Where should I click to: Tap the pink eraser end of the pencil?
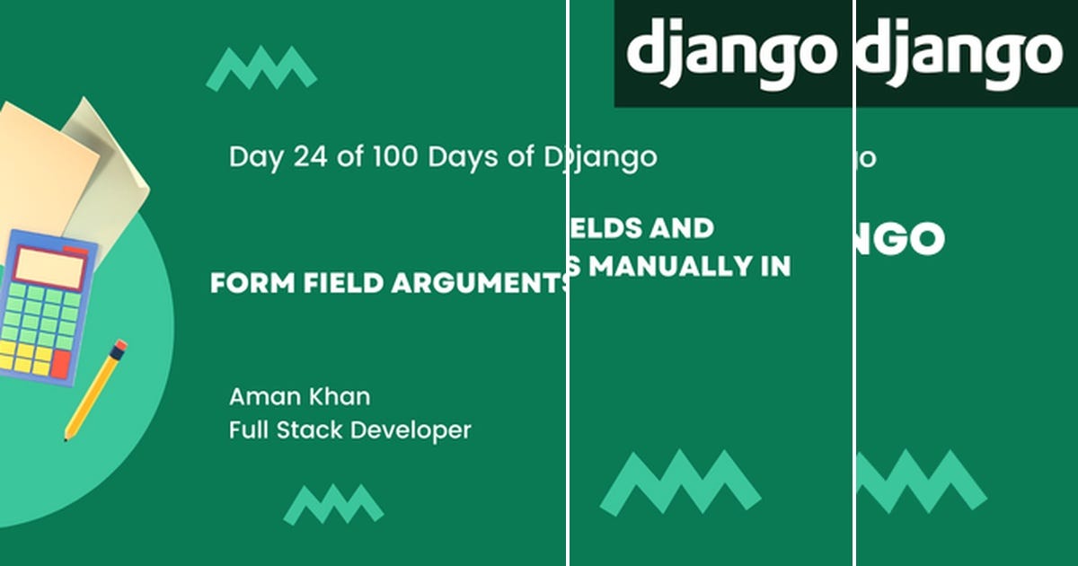click(120, 345)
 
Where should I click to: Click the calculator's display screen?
click(49, 268)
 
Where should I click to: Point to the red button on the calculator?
click(61, 364)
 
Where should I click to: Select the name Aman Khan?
click(299, 396)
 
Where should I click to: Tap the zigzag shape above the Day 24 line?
click(261, 69)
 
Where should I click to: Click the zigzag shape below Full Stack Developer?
click(333, 504)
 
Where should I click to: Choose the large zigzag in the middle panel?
click(680, 482)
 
